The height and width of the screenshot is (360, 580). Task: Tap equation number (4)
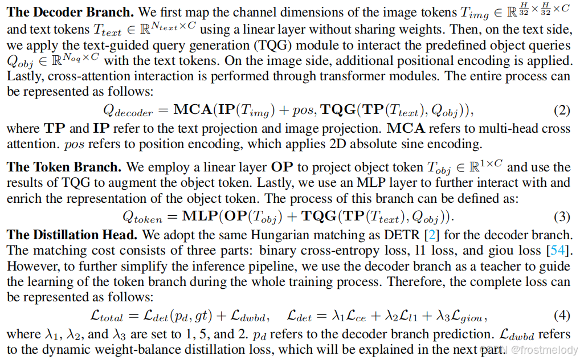pyautogui.click(x=562, y=315)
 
